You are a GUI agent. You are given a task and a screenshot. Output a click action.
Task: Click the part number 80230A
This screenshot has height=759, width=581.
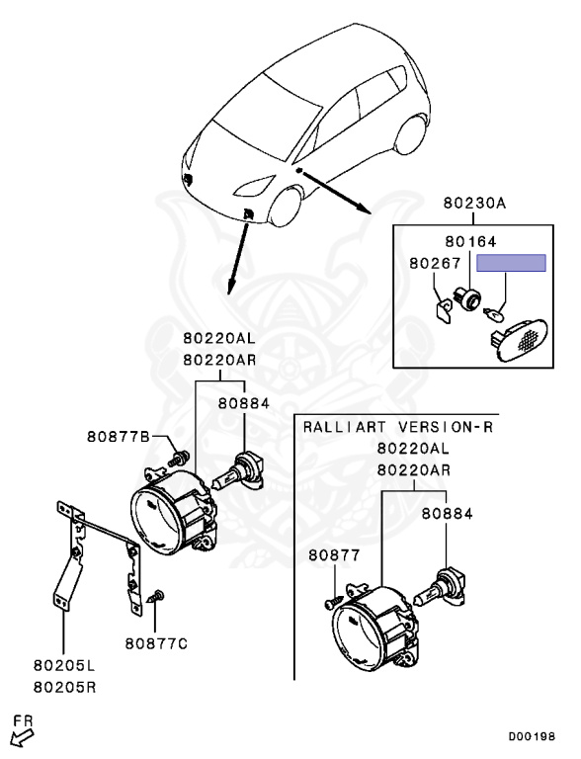(x=473, y=204)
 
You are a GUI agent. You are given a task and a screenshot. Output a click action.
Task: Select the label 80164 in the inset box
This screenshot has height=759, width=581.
(x=469, y=241)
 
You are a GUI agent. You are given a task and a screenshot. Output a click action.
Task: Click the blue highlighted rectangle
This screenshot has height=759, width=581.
(x=511, y=263)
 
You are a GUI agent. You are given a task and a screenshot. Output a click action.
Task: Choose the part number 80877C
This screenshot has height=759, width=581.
(x=155, y=643)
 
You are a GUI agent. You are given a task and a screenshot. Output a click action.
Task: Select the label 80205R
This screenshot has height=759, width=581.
(x=64, y=686)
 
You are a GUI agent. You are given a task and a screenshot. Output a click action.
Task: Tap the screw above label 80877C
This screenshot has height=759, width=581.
(x=156, y=598)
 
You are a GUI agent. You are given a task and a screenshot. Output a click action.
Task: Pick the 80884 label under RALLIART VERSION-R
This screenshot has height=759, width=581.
(x=448, y=514)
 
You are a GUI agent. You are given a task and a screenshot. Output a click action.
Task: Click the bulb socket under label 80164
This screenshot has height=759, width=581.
(x=466, y=294)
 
